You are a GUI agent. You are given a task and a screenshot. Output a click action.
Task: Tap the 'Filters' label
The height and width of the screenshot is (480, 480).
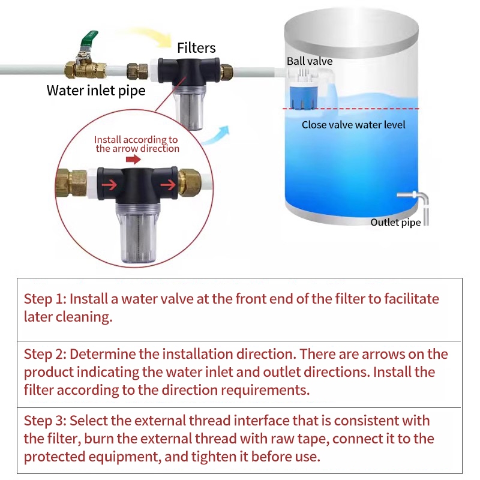(x=196, y=48)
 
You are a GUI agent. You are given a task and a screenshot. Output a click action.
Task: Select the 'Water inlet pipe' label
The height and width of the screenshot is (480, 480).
(x=96, y=91)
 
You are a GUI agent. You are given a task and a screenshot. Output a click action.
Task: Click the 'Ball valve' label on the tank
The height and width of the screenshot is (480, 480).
(x=310, y=61)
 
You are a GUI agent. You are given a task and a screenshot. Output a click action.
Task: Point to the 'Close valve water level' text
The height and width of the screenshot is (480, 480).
(x=353, y=125)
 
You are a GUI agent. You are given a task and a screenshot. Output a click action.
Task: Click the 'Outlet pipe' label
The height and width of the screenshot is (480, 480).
(x=395, y=223)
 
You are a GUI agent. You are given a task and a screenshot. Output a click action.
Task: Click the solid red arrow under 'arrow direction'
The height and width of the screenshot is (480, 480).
(x=133, y=159)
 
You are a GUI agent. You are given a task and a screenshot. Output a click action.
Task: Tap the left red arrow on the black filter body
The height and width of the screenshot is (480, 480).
(x=109, y=184)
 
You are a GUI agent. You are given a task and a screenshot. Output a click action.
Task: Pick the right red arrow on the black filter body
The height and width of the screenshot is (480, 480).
(x=168, y=184)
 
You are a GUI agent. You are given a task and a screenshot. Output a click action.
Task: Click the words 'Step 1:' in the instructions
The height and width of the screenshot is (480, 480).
(x=46, y=299)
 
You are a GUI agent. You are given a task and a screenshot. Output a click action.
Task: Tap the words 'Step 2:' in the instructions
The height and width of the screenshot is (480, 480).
(x=46, y=355)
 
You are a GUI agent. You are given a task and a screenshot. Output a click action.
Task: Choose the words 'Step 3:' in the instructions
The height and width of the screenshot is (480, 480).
(x=46, y=421)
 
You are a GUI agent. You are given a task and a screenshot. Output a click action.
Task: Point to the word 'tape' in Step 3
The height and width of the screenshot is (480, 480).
(x=314, y=439)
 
